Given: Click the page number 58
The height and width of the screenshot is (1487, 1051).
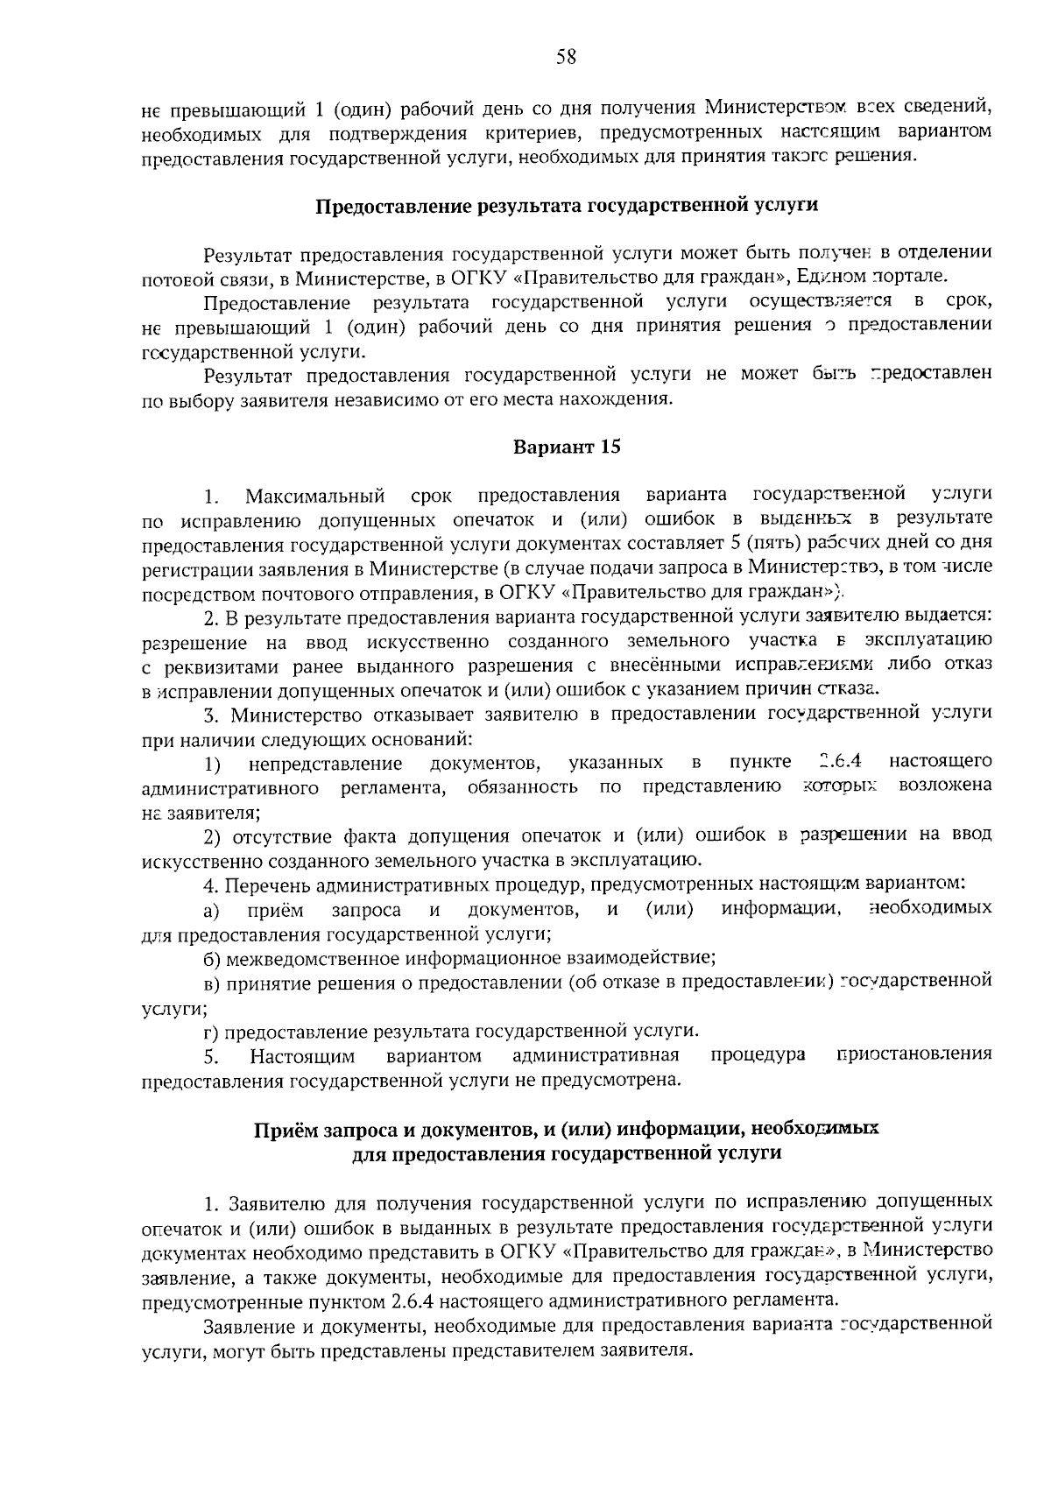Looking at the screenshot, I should coord(565,58).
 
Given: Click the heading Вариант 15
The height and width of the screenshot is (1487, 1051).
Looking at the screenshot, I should coord(566,448).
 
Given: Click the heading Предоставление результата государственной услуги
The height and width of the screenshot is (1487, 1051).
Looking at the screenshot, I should coord(566,207).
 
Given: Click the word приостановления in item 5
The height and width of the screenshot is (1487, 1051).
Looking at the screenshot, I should coord(914,1054).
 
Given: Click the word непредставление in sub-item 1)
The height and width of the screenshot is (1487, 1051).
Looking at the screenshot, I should coord(325,763).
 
